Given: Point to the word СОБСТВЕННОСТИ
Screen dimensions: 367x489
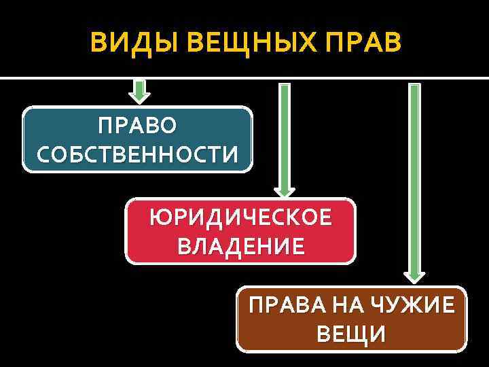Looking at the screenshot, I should pyautogui.click(x=137, y=154).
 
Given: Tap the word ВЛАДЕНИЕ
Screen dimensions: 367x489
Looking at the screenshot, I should pyautogui.click(x=241, y=245).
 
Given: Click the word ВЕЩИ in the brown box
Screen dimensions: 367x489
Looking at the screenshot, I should pyautogui.click(x=352, y=334).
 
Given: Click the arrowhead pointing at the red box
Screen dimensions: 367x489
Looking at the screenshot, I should pyautogui.click(x=285, y=191).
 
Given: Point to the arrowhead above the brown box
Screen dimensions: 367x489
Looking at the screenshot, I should pyautogui.click(x=414, y=275).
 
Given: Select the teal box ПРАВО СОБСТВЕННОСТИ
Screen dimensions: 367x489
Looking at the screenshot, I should pyautogui.click(x=137, y=139).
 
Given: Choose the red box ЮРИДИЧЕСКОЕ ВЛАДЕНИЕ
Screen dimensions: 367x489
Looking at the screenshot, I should pyautogui.click(x=240, y=231).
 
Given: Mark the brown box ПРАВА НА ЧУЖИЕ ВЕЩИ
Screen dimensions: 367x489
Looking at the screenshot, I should pyautogui.click(x=352, y=319).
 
